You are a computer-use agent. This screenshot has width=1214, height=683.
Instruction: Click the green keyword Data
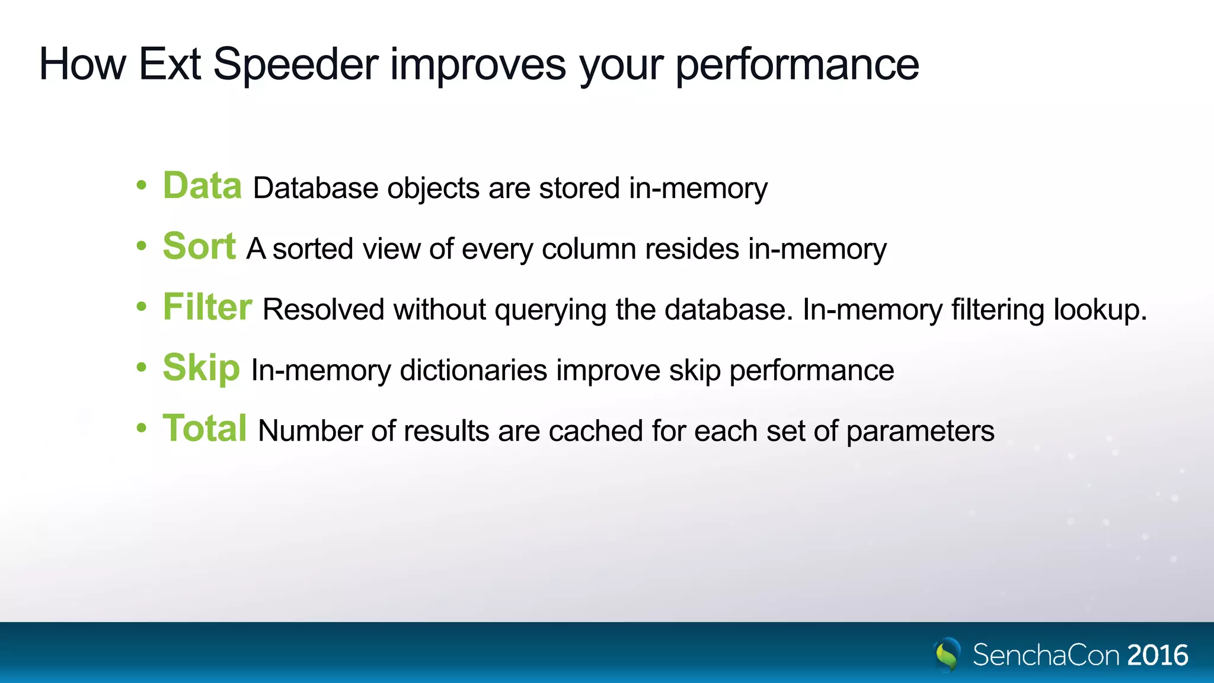pos(202,186)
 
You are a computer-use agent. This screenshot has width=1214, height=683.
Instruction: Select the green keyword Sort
pos(199,247)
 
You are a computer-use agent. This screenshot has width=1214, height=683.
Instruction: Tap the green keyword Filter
pos(207,308)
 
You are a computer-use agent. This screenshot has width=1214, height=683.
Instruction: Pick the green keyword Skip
pos(201,368)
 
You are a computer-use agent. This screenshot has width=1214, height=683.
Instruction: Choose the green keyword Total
pos(205,429)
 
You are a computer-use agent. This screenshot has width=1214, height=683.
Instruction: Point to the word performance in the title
pos(797,65)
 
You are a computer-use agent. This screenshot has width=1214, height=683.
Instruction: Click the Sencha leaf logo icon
pos(948,655)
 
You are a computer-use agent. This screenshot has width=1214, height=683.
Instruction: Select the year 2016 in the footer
pos(1158,656)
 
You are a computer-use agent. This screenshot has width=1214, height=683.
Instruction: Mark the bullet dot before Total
pos(141,428)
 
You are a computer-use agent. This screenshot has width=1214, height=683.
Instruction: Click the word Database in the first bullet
pos(315,189)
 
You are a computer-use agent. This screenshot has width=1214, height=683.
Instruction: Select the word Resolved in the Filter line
pos(323,309)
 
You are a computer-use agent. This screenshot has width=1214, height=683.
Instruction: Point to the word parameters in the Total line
pos(920,432)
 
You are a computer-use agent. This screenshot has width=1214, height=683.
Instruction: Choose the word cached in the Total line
pos(595,431)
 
